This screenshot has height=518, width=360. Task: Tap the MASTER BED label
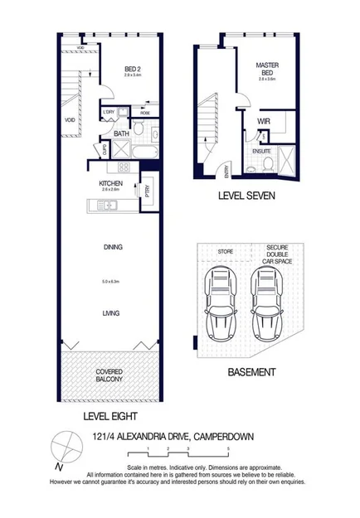[266, 68]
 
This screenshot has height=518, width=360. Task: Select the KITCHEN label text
[111, 183]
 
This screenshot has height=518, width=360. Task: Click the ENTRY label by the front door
[227, 173]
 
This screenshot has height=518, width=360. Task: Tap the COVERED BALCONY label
[109, 374]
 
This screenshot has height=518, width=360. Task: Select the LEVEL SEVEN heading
[246, 197]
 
